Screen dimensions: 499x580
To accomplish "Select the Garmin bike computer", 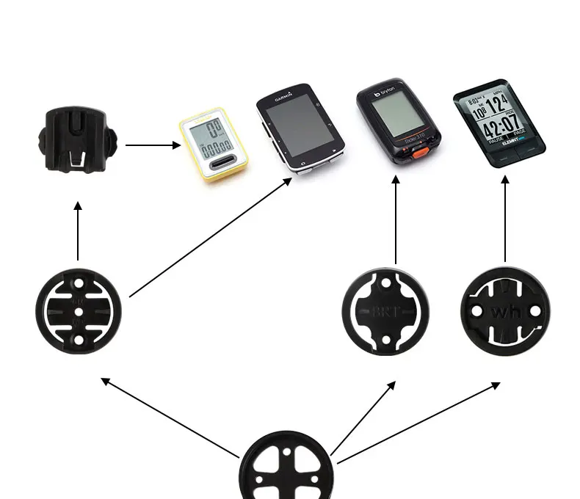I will (x=300, y=128).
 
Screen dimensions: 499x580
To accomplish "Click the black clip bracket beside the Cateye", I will (x=77, y=140).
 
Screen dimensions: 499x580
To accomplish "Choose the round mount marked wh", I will (x=505, y=310).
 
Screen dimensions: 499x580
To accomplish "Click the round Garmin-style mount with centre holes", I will (x=78, y=311).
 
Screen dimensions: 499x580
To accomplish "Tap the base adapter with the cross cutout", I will (x=287, y=467).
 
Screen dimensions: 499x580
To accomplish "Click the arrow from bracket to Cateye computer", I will (x=153, y=145).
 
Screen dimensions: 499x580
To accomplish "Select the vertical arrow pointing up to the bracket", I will (x=78, y=230).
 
